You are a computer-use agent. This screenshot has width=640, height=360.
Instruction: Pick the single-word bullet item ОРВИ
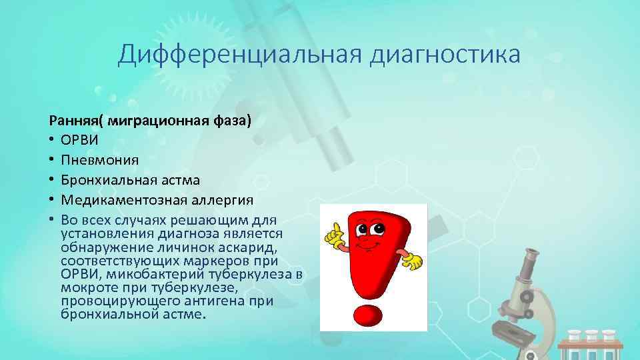click(x=82, y=141)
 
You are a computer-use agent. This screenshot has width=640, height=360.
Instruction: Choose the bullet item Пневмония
click(x=99, y=161)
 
